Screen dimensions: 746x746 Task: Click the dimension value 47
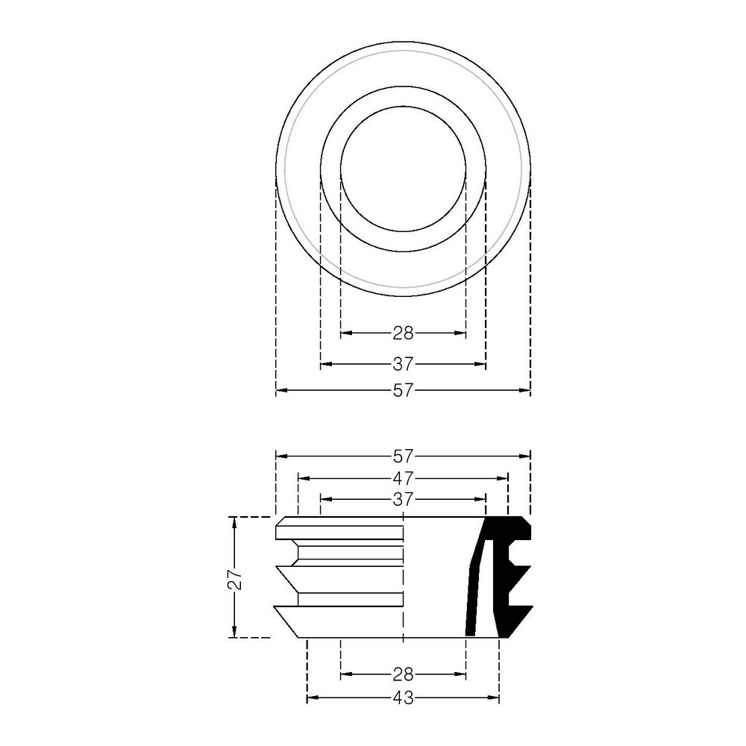404,477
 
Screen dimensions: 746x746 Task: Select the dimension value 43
404,698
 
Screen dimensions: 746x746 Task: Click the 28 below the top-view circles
404,333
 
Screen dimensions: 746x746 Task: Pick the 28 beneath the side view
404,674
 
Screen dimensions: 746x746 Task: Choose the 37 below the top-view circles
404,364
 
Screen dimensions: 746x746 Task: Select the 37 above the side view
404,499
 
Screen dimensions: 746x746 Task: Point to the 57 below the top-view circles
404,390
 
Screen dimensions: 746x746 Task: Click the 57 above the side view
404,456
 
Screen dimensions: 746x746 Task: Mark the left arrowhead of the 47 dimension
304,477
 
